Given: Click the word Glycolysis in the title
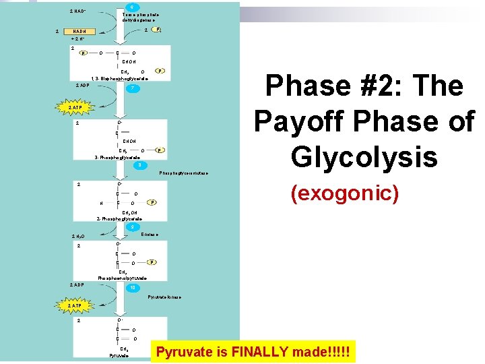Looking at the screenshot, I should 364,156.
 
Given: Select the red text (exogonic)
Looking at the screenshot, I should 344,193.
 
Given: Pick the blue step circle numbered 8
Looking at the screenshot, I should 138,164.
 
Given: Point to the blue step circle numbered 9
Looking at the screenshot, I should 133,226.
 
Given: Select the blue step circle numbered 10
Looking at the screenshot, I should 135,288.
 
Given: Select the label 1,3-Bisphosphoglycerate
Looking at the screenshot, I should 121,79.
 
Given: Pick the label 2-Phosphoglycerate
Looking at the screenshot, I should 119,219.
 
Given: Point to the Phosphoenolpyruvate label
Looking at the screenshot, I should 123,278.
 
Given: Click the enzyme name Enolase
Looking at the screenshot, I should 150,234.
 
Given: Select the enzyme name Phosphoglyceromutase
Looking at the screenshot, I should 183,173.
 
